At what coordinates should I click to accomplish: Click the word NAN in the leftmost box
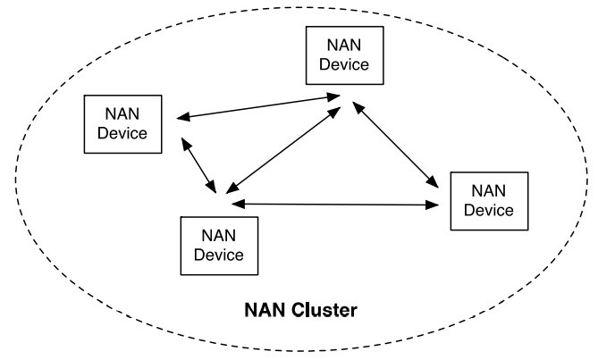click(x=124, y=114)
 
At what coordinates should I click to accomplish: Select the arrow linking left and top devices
click(x=257, y=106)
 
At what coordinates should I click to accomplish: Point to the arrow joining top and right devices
click(x=397, y=145)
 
